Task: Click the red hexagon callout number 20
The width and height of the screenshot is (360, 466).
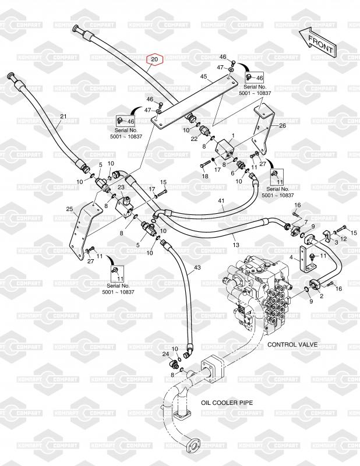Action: click(x=155, y=59)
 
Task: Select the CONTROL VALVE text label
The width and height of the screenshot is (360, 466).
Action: click(x=292, y=345)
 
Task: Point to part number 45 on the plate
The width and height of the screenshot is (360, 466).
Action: click(x=203, y=76)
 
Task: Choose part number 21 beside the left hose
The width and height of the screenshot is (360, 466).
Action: click(x=63, y=116)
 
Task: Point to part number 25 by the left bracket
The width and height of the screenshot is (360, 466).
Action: click(x=69, y=209)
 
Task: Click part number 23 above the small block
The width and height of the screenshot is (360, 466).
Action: click(x=121, y=187)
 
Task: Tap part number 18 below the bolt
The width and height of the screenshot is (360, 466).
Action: click(x=205, y=176)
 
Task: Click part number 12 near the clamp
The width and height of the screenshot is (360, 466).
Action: click(x=343, y=238)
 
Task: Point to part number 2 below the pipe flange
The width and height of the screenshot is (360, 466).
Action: click(x=321, y=296)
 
